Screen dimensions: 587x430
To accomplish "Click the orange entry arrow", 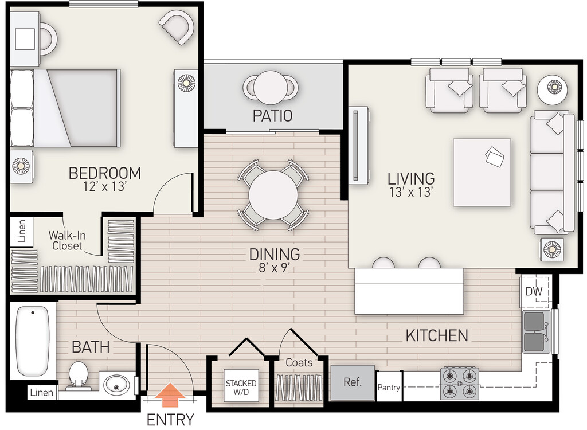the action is click(170, 395).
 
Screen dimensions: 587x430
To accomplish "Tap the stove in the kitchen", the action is click(459, 383).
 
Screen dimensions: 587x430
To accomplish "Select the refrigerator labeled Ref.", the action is click(353, 382).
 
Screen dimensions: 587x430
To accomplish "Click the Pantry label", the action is click(389, 388).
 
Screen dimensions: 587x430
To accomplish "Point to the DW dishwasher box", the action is click(534, 291).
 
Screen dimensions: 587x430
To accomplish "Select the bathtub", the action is click(33, 341).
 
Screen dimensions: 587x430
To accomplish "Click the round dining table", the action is click(273, 195).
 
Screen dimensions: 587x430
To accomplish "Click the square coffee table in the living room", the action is click(482, 173).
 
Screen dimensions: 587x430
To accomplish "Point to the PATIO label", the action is click(272, 116).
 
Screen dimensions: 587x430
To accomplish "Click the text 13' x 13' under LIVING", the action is click(412, 193).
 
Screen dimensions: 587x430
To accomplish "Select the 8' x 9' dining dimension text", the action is click(275, 268).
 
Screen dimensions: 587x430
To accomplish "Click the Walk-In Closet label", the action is click(67, 240).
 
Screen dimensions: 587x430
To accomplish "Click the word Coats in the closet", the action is click(299, 362).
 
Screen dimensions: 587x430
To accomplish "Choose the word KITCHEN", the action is click(437, 335).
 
